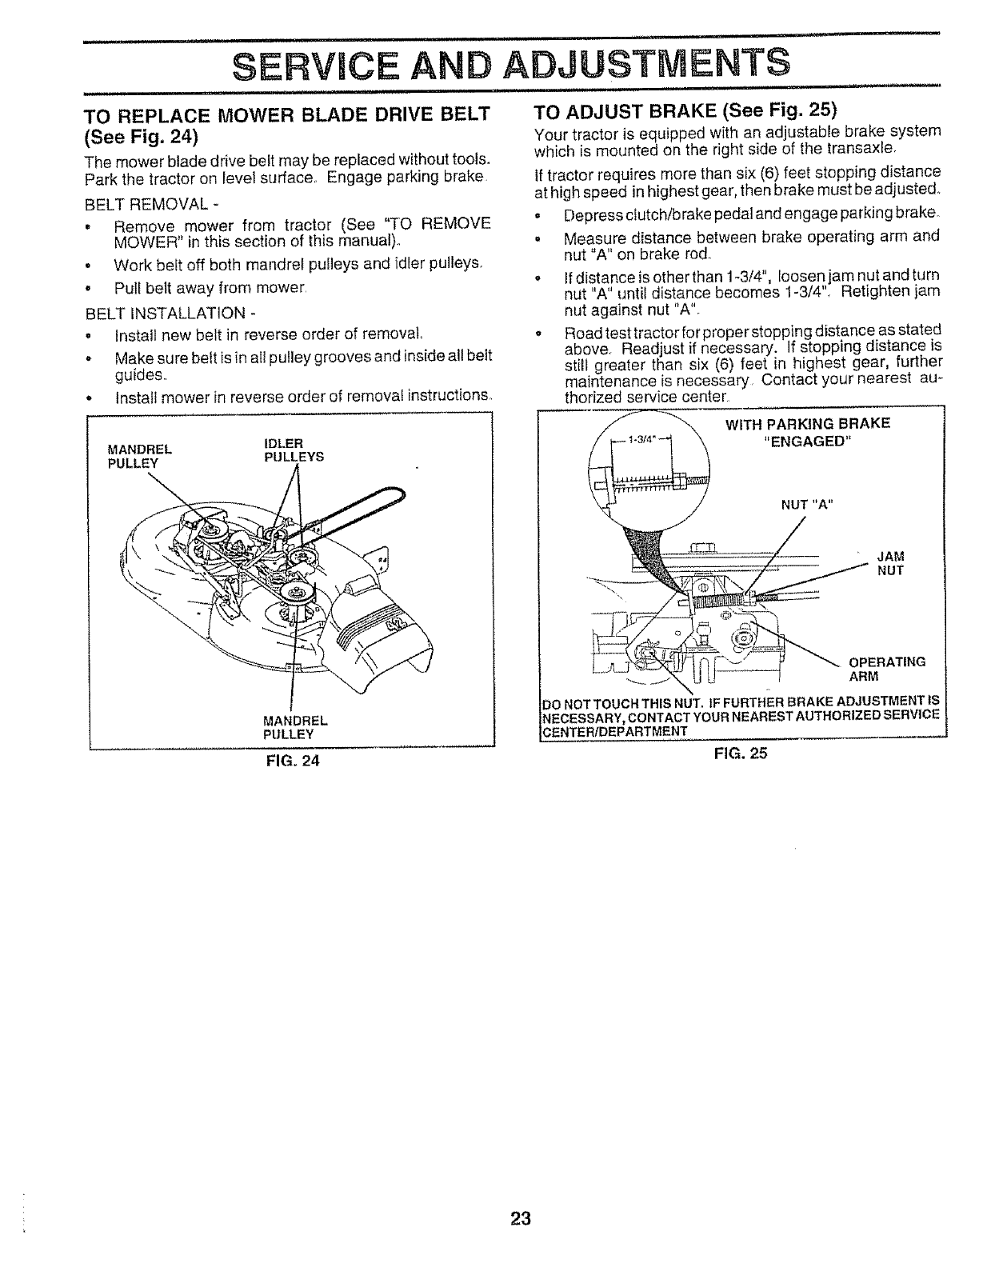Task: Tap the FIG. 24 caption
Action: (x=292, y=761)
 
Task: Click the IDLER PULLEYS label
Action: (x=293, y=450)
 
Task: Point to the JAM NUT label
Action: (x=890, y=563)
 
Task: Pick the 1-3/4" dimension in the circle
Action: (x=641, y=438)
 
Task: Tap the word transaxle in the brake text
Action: (x=897, y=149)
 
